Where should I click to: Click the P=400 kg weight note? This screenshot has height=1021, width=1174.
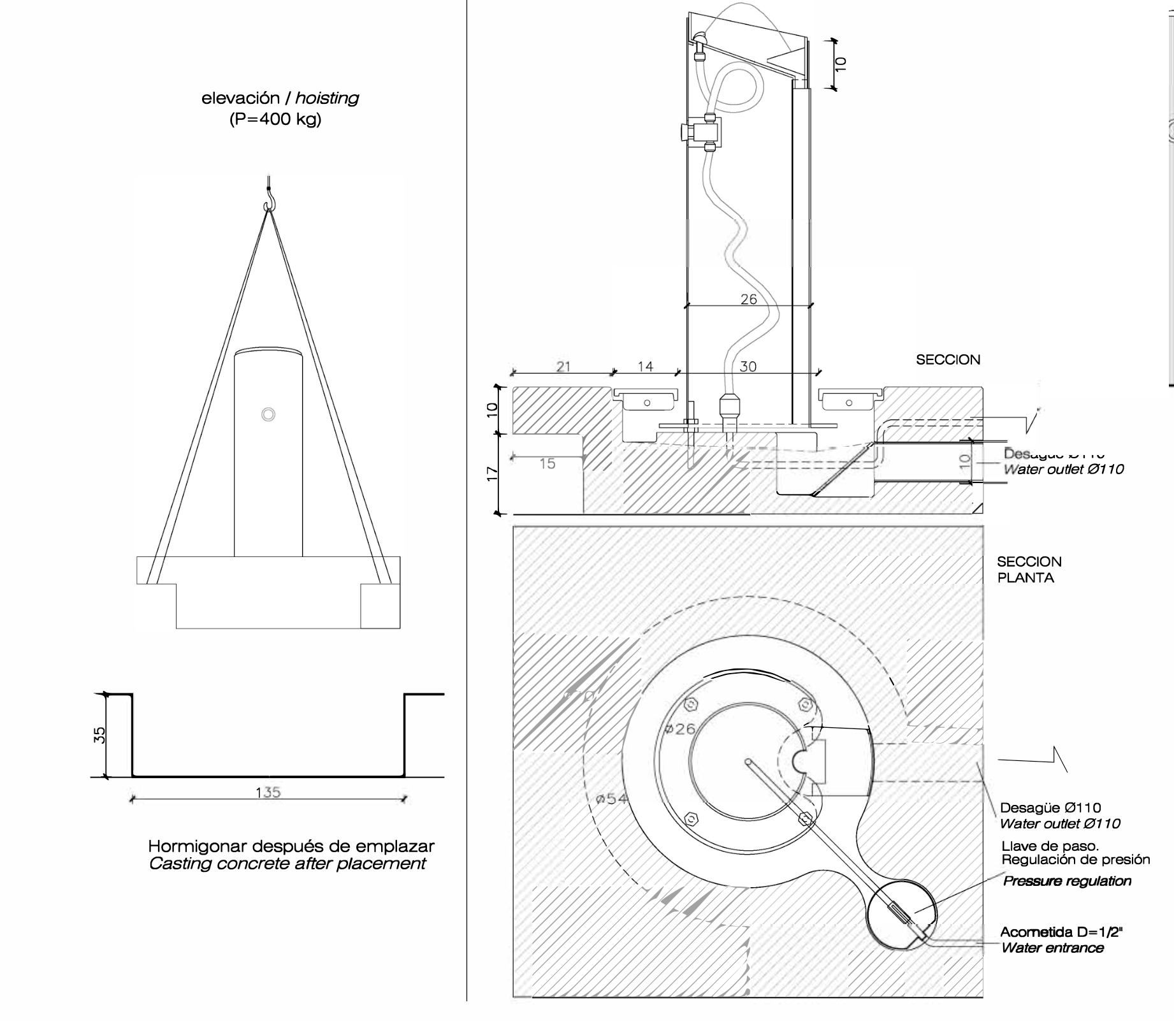pyautogui.click(x=275, y=119)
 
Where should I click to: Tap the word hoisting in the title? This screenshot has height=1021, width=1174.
pyautogui.click(x=327, y=98)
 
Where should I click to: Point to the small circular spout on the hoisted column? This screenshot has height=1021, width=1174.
pyautogui.click(x=268, y=414)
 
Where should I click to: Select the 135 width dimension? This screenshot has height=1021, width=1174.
pyautogui.click(x=268, y=792)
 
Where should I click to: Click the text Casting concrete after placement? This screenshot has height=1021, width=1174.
pyautogui.click(x=287, y=864)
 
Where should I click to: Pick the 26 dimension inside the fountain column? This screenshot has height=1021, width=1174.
pyautogui.click(x=749, y=299)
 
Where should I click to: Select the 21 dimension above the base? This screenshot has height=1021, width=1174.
pyautogui.click(x=563, y=366)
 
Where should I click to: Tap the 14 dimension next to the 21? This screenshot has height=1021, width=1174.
pyautogui.click(x=645, y=366)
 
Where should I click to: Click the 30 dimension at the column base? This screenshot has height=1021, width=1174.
pyautogui.click(x=748, y=366)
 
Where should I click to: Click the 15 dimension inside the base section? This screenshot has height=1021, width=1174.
pyautogui.click(x=547, y=464)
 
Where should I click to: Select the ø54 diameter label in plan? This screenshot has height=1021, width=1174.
pyautogui.click(x=611, y=799)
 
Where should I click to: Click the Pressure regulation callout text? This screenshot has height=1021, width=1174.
pyautogui.click(x=1067, y=881)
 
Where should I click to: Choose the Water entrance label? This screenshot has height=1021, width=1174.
pyautogui.click(x=1052, y=948)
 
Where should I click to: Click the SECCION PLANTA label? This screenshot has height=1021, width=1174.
pyautogui.click(x=1029, y=570)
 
